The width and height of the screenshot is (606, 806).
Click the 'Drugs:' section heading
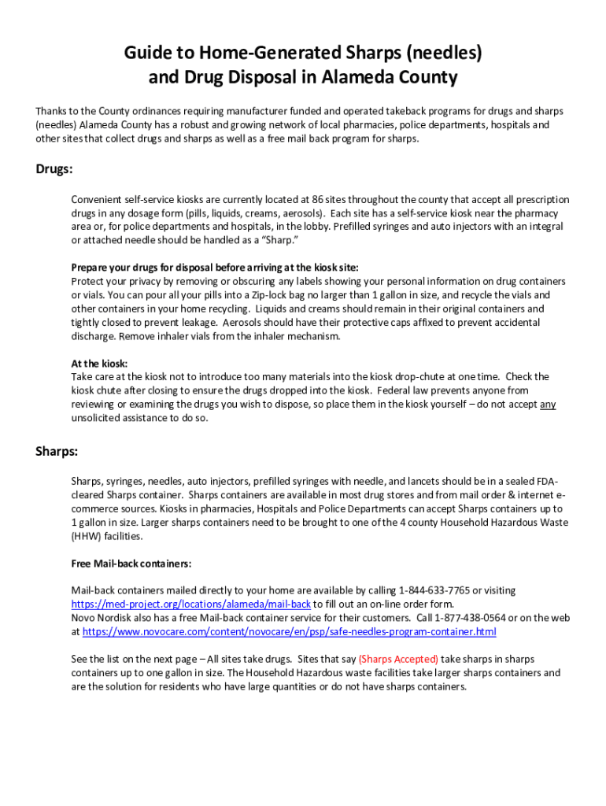click(x=54, y=169)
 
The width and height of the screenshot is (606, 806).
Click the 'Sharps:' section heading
click(x=57, y=451)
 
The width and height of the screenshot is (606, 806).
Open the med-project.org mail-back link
click(x=190, y=604)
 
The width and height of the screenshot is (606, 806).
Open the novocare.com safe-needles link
click(x=289, y=632)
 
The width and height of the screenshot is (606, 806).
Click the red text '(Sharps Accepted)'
click(x=398, y=659)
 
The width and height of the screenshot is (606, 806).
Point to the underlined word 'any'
click(x=548, y=405)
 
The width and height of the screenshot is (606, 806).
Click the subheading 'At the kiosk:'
click(x=99, y=364)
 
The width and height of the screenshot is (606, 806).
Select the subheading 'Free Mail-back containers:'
click(x=131, y=564)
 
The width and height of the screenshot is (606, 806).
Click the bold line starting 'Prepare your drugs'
click(x=214, y=268)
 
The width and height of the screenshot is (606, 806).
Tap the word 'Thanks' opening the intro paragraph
click(x=52, y=111)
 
